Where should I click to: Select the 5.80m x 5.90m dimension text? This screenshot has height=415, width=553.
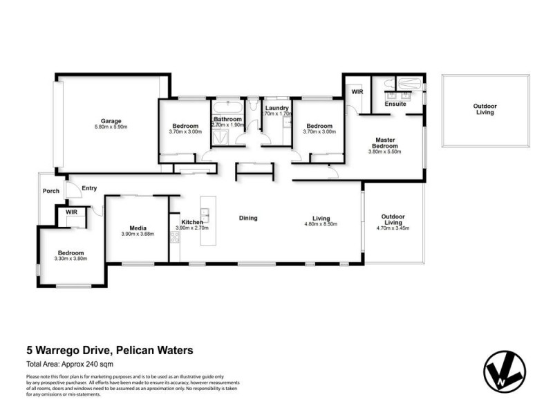pyautogui.click(x=111, y=127)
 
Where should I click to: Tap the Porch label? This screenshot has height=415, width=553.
pyautogui.click(x=50, y=191)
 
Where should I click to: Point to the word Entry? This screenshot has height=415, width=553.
pyautogui.click(x=89, y=188)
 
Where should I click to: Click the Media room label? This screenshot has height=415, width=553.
pyautogui.click(x=138, y=228)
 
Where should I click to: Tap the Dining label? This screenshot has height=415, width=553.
pyautogui.click(x=248, y=218)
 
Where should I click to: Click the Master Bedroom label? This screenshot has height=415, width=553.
pyautogui.click(x=385, y=143)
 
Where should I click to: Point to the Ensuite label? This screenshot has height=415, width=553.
pyautogui.click(x=395, y=104)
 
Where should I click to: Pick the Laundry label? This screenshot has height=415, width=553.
pyautogui.click(x=276, y=108)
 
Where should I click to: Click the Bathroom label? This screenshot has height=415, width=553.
pyautogui.click(x=227, y=120)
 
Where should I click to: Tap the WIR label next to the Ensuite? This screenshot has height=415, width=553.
pyautogui.click(x=357, y=91)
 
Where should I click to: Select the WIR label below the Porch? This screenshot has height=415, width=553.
pyautogui.click(x=71, y=212)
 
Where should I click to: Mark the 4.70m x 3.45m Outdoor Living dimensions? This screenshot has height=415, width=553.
pyautogui.click(x=393, y=228)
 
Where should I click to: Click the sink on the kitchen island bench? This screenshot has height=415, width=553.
pyautogui.click(x=205, y=210)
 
